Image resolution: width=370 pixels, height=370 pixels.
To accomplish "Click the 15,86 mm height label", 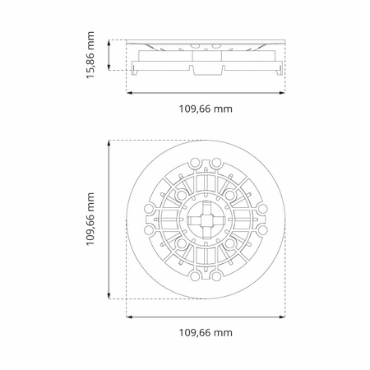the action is pos(90,55).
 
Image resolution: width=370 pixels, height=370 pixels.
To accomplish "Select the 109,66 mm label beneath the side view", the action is pos(206,109).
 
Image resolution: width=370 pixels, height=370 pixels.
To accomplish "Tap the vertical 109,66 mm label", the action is pos(90,220).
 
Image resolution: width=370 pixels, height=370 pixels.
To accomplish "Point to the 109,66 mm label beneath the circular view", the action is pos(206,333).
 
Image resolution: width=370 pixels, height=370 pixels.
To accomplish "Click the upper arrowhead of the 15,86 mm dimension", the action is pos(109,43).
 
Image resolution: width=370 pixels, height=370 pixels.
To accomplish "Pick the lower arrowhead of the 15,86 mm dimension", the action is pos(109,67).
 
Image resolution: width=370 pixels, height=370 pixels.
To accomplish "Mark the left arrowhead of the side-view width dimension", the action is pos(129,93).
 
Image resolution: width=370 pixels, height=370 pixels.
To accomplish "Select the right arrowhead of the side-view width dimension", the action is pos(282,93).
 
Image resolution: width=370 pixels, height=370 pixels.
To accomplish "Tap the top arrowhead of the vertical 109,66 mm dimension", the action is pos(109,143).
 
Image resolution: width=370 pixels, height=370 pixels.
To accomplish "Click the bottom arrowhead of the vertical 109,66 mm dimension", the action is pos(109,296).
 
